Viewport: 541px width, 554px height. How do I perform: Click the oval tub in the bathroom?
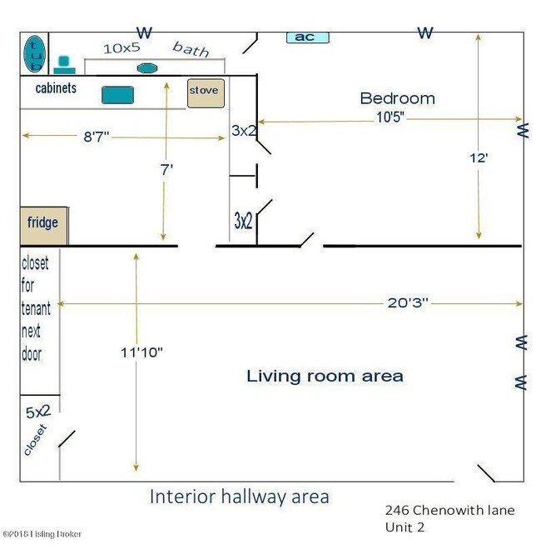34,53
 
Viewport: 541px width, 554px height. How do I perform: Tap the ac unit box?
307,37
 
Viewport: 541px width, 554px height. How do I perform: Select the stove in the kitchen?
206,93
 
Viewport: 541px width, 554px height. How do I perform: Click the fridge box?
44,226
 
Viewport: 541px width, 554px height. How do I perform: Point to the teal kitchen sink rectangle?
117,95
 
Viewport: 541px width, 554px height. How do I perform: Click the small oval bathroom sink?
146,68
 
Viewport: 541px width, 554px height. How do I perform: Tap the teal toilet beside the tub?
64,65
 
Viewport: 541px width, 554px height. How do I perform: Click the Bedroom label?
397,98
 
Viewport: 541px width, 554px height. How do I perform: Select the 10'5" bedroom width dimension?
390,117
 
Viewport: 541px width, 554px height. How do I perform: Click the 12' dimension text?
479,158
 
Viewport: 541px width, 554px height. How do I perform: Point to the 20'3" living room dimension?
408,302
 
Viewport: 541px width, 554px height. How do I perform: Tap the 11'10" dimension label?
141,352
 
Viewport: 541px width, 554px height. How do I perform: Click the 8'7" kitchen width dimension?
96,137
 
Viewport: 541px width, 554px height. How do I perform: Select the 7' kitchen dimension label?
166,170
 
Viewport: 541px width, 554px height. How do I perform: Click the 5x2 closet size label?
38,412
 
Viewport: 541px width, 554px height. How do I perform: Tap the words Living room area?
325,376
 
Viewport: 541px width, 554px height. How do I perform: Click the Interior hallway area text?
240,497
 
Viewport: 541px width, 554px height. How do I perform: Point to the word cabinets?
56,88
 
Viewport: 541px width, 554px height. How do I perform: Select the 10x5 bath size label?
122,48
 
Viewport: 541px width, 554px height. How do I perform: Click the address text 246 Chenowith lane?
449,510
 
